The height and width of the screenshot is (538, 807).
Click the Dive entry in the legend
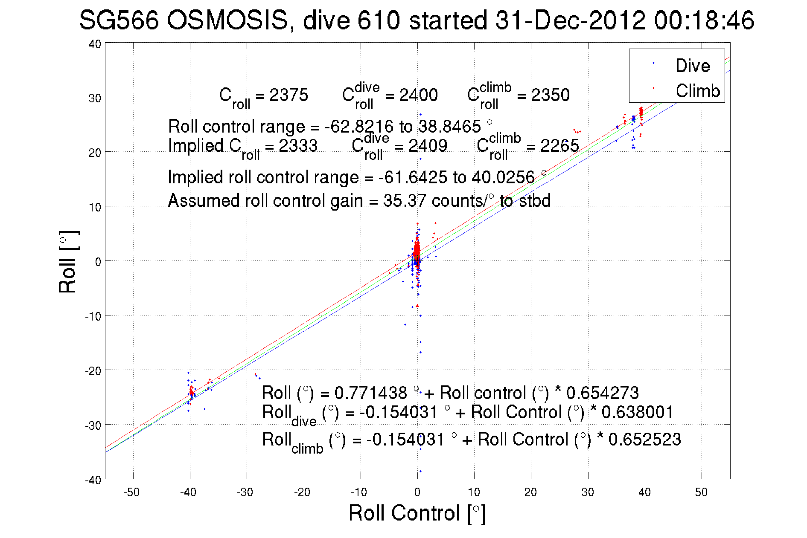692,66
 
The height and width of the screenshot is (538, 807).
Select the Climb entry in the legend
697,91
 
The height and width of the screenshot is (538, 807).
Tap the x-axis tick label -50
131,492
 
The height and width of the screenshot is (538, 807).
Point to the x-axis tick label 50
701,492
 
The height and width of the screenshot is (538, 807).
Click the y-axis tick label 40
95,44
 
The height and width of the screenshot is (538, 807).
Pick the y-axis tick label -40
93,480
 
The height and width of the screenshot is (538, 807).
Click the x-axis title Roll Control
417,513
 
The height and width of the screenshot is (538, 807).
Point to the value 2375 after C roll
288,95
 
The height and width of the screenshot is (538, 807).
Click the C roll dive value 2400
418,95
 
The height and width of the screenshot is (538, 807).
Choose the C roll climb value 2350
550,95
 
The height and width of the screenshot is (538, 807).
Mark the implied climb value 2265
559,146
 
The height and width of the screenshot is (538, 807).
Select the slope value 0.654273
602,393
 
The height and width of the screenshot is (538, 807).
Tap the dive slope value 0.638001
637,412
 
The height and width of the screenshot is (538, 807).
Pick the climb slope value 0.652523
644,440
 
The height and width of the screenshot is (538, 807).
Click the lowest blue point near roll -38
420,471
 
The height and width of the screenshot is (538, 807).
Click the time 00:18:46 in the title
704,20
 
